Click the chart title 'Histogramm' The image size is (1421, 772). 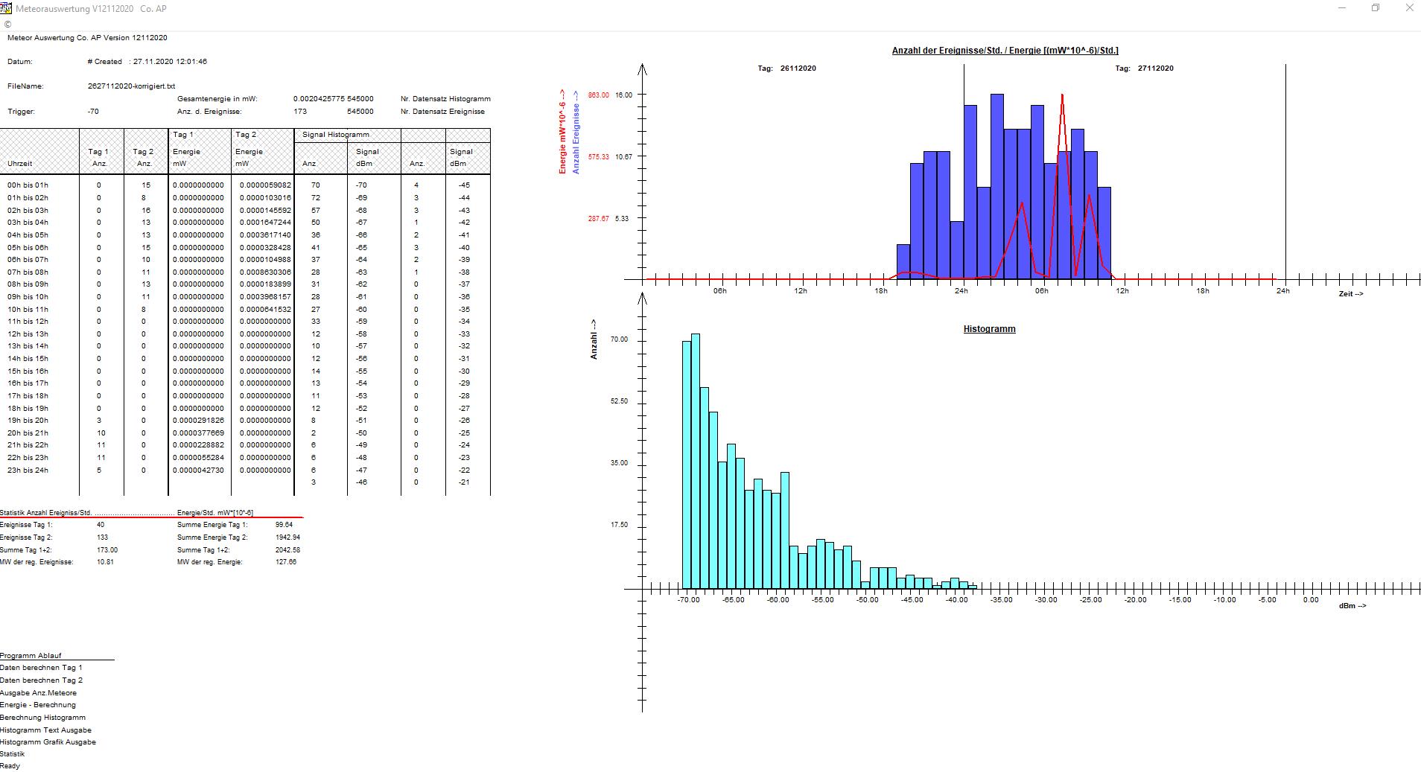(x=989, y=329)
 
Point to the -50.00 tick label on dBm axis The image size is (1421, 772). (x=867, y=600)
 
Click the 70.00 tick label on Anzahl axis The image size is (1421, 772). (x=619, y=339)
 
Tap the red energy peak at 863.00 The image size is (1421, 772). (x=1062, y=95)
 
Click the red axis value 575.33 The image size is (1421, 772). (x=598, y=157)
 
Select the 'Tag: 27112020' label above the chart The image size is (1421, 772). (x=1144, y=68)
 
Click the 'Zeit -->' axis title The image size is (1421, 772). (x=1350, y=294)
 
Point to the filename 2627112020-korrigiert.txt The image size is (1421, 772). (x=131, y=86)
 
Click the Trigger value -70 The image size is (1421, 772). (x=93, y=112)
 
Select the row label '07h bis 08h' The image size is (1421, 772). (x=28, y=272)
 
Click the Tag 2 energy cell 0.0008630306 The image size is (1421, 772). (x=265, y=272)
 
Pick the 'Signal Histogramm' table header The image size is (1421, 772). (x=335, y=135)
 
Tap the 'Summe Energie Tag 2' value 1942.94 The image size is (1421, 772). (x=287, y=537)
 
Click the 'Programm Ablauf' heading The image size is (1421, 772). (x=31, y=656)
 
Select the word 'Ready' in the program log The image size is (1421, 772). (x=10, y=766)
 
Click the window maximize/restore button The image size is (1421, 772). (x=1376, y=8)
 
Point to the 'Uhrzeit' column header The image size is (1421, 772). (x=20, y=164)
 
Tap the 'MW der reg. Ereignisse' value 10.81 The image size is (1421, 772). (x=105, y=562)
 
